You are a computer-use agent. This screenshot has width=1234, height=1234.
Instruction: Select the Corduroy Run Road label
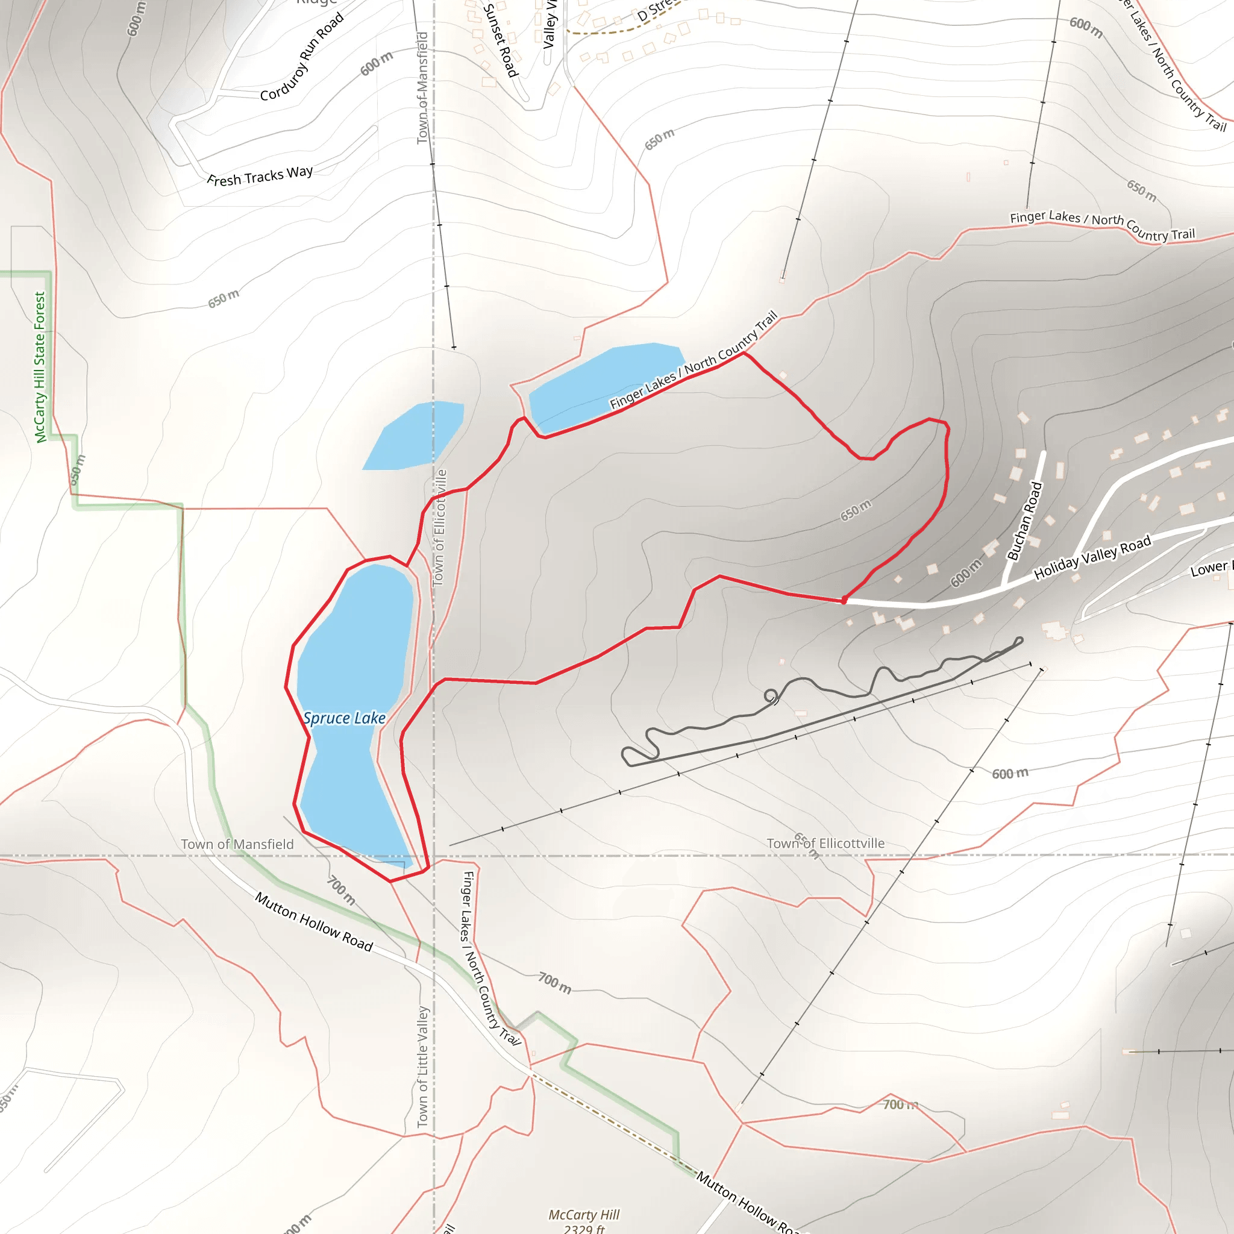301,57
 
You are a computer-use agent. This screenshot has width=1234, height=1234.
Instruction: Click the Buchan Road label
1024,522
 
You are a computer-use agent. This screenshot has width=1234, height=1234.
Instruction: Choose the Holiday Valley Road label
1092,557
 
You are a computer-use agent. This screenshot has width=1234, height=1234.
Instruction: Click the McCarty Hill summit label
584,1221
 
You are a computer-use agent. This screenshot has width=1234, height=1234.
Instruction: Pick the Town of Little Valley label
422,1066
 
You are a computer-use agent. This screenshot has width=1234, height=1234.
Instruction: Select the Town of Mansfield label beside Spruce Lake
237,844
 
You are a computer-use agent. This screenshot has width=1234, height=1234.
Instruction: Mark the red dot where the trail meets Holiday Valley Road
844,600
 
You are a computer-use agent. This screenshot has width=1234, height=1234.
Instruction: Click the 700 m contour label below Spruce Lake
341,890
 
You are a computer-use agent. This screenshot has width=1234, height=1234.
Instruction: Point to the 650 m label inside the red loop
855,510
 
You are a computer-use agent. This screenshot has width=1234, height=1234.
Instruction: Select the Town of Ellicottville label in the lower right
826,843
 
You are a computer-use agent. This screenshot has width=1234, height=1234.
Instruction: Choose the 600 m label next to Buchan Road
966,572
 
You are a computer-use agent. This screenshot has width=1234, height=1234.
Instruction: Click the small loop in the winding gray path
771,695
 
